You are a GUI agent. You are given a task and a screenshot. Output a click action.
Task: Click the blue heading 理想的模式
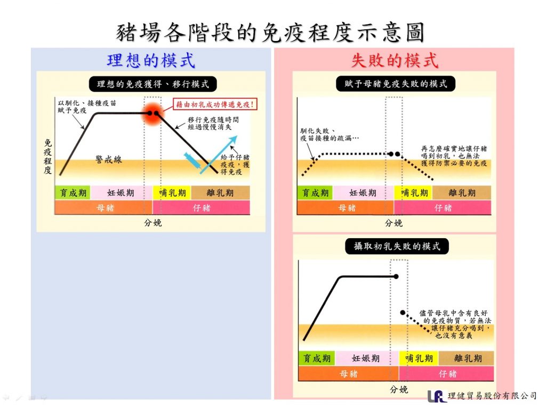pos(151,60)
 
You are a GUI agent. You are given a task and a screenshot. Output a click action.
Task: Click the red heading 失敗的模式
pos(395,60)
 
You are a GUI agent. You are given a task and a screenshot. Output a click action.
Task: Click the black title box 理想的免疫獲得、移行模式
pos(153,84)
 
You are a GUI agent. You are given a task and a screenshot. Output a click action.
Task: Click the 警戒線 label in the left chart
pos(109,159)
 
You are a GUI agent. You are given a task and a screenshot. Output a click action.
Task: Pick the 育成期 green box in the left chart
pos(72,192)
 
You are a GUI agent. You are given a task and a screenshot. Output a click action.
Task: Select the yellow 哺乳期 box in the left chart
pos(167,192)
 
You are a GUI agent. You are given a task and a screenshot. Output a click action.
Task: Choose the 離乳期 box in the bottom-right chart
pos(468,358)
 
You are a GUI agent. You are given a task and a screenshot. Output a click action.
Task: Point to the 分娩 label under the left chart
pos(152,223)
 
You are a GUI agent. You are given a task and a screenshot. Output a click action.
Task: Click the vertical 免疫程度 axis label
pos(48,158)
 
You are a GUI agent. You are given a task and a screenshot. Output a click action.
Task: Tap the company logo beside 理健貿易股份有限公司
pos(436,396)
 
